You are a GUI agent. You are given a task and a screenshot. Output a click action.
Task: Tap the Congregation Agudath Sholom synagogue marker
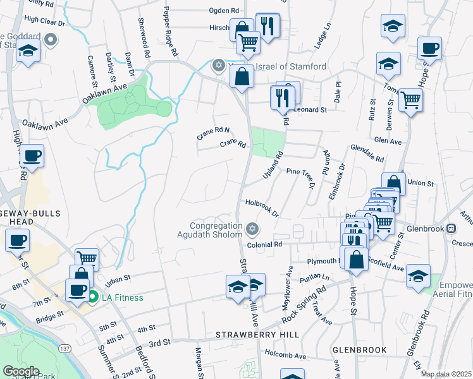(252, 228)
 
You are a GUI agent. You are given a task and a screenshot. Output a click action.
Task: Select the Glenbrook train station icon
(451, 228)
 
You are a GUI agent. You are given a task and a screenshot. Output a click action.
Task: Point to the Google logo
(20, 371)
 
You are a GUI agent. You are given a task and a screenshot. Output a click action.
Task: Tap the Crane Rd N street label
(212, 133)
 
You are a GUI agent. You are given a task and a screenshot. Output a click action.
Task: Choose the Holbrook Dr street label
(262, 207)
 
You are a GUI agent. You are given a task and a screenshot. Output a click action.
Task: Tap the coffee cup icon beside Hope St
(429, 48)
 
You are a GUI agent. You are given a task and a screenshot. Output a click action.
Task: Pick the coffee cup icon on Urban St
(78, 289)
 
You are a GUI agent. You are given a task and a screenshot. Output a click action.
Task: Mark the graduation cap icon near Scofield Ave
(418, 276)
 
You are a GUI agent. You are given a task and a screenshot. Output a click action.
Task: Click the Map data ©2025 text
(446, 374)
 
